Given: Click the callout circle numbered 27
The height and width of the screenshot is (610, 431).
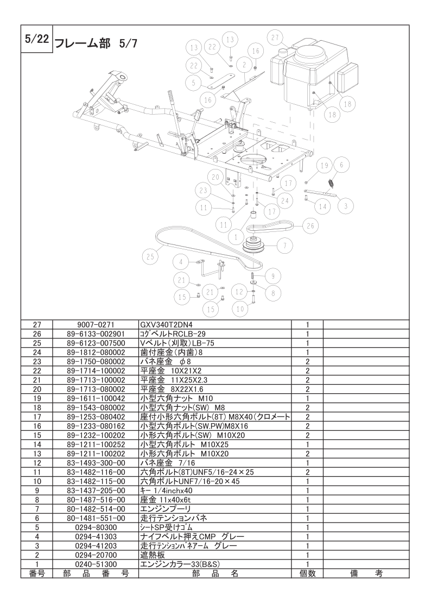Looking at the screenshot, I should pyautogui.click(x=275, y=37).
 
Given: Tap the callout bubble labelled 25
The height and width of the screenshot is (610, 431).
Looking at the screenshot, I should pyautogui.click(x=150, y=254).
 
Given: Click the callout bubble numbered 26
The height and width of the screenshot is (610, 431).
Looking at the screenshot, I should pyautogui.click(x=310, y=225).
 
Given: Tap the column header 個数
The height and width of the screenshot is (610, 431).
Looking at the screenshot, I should pyautogui.click(x=307, y=573).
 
